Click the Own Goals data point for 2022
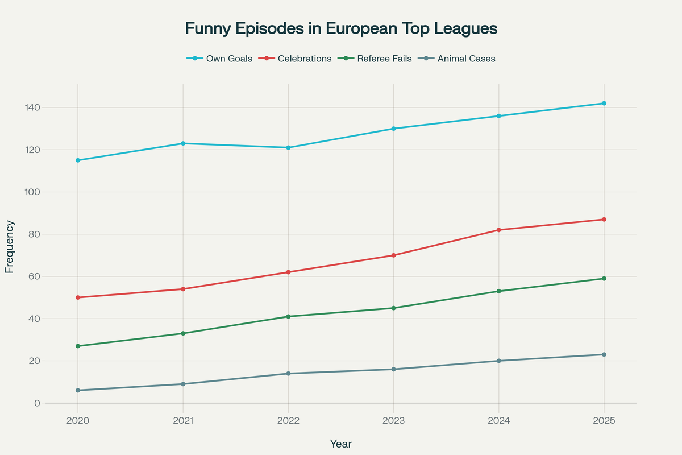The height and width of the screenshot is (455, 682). tap(288, 148)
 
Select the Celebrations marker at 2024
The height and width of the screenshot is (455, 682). tap(498, 230)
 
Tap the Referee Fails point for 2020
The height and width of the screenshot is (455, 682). tap(78, 346)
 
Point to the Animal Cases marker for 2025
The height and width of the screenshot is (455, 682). tap(604, 354)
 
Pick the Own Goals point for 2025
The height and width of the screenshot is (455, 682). tap(604, 104)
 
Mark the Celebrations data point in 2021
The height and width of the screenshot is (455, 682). tap(183, 289)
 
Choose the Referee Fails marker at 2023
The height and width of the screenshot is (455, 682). tap(393, 308)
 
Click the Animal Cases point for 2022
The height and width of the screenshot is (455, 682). tap(288, 374)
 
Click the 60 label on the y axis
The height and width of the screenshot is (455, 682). tap(34, 276)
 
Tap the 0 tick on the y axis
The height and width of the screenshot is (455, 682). tap(37, 403)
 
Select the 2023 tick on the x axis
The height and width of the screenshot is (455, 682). tap(393, 421)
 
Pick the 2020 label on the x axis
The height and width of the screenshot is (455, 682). tap(78, 421)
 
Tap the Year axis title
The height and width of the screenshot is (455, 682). tap(340, 444)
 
